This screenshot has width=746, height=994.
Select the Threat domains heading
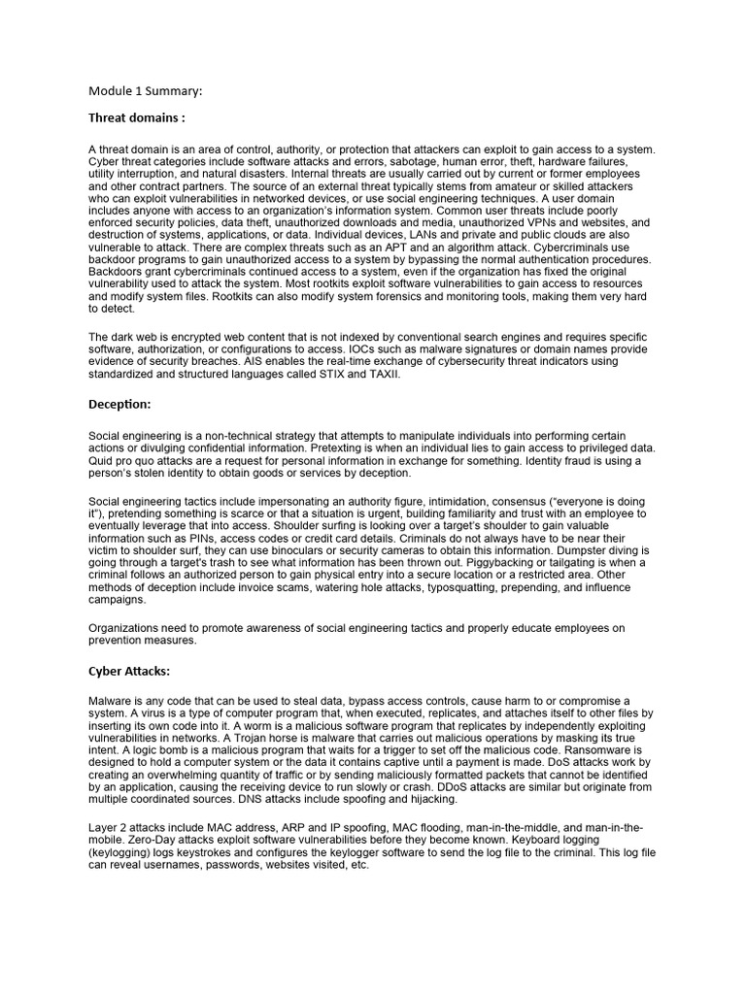pyautogui.click(x=136, y=117)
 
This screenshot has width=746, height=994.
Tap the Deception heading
pyautogui.click(x=120, y=404)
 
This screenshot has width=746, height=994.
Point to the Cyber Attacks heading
pyautogui.click(x=130, y=671)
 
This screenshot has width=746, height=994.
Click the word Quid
pyautogui.click(x=102, y=461)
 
